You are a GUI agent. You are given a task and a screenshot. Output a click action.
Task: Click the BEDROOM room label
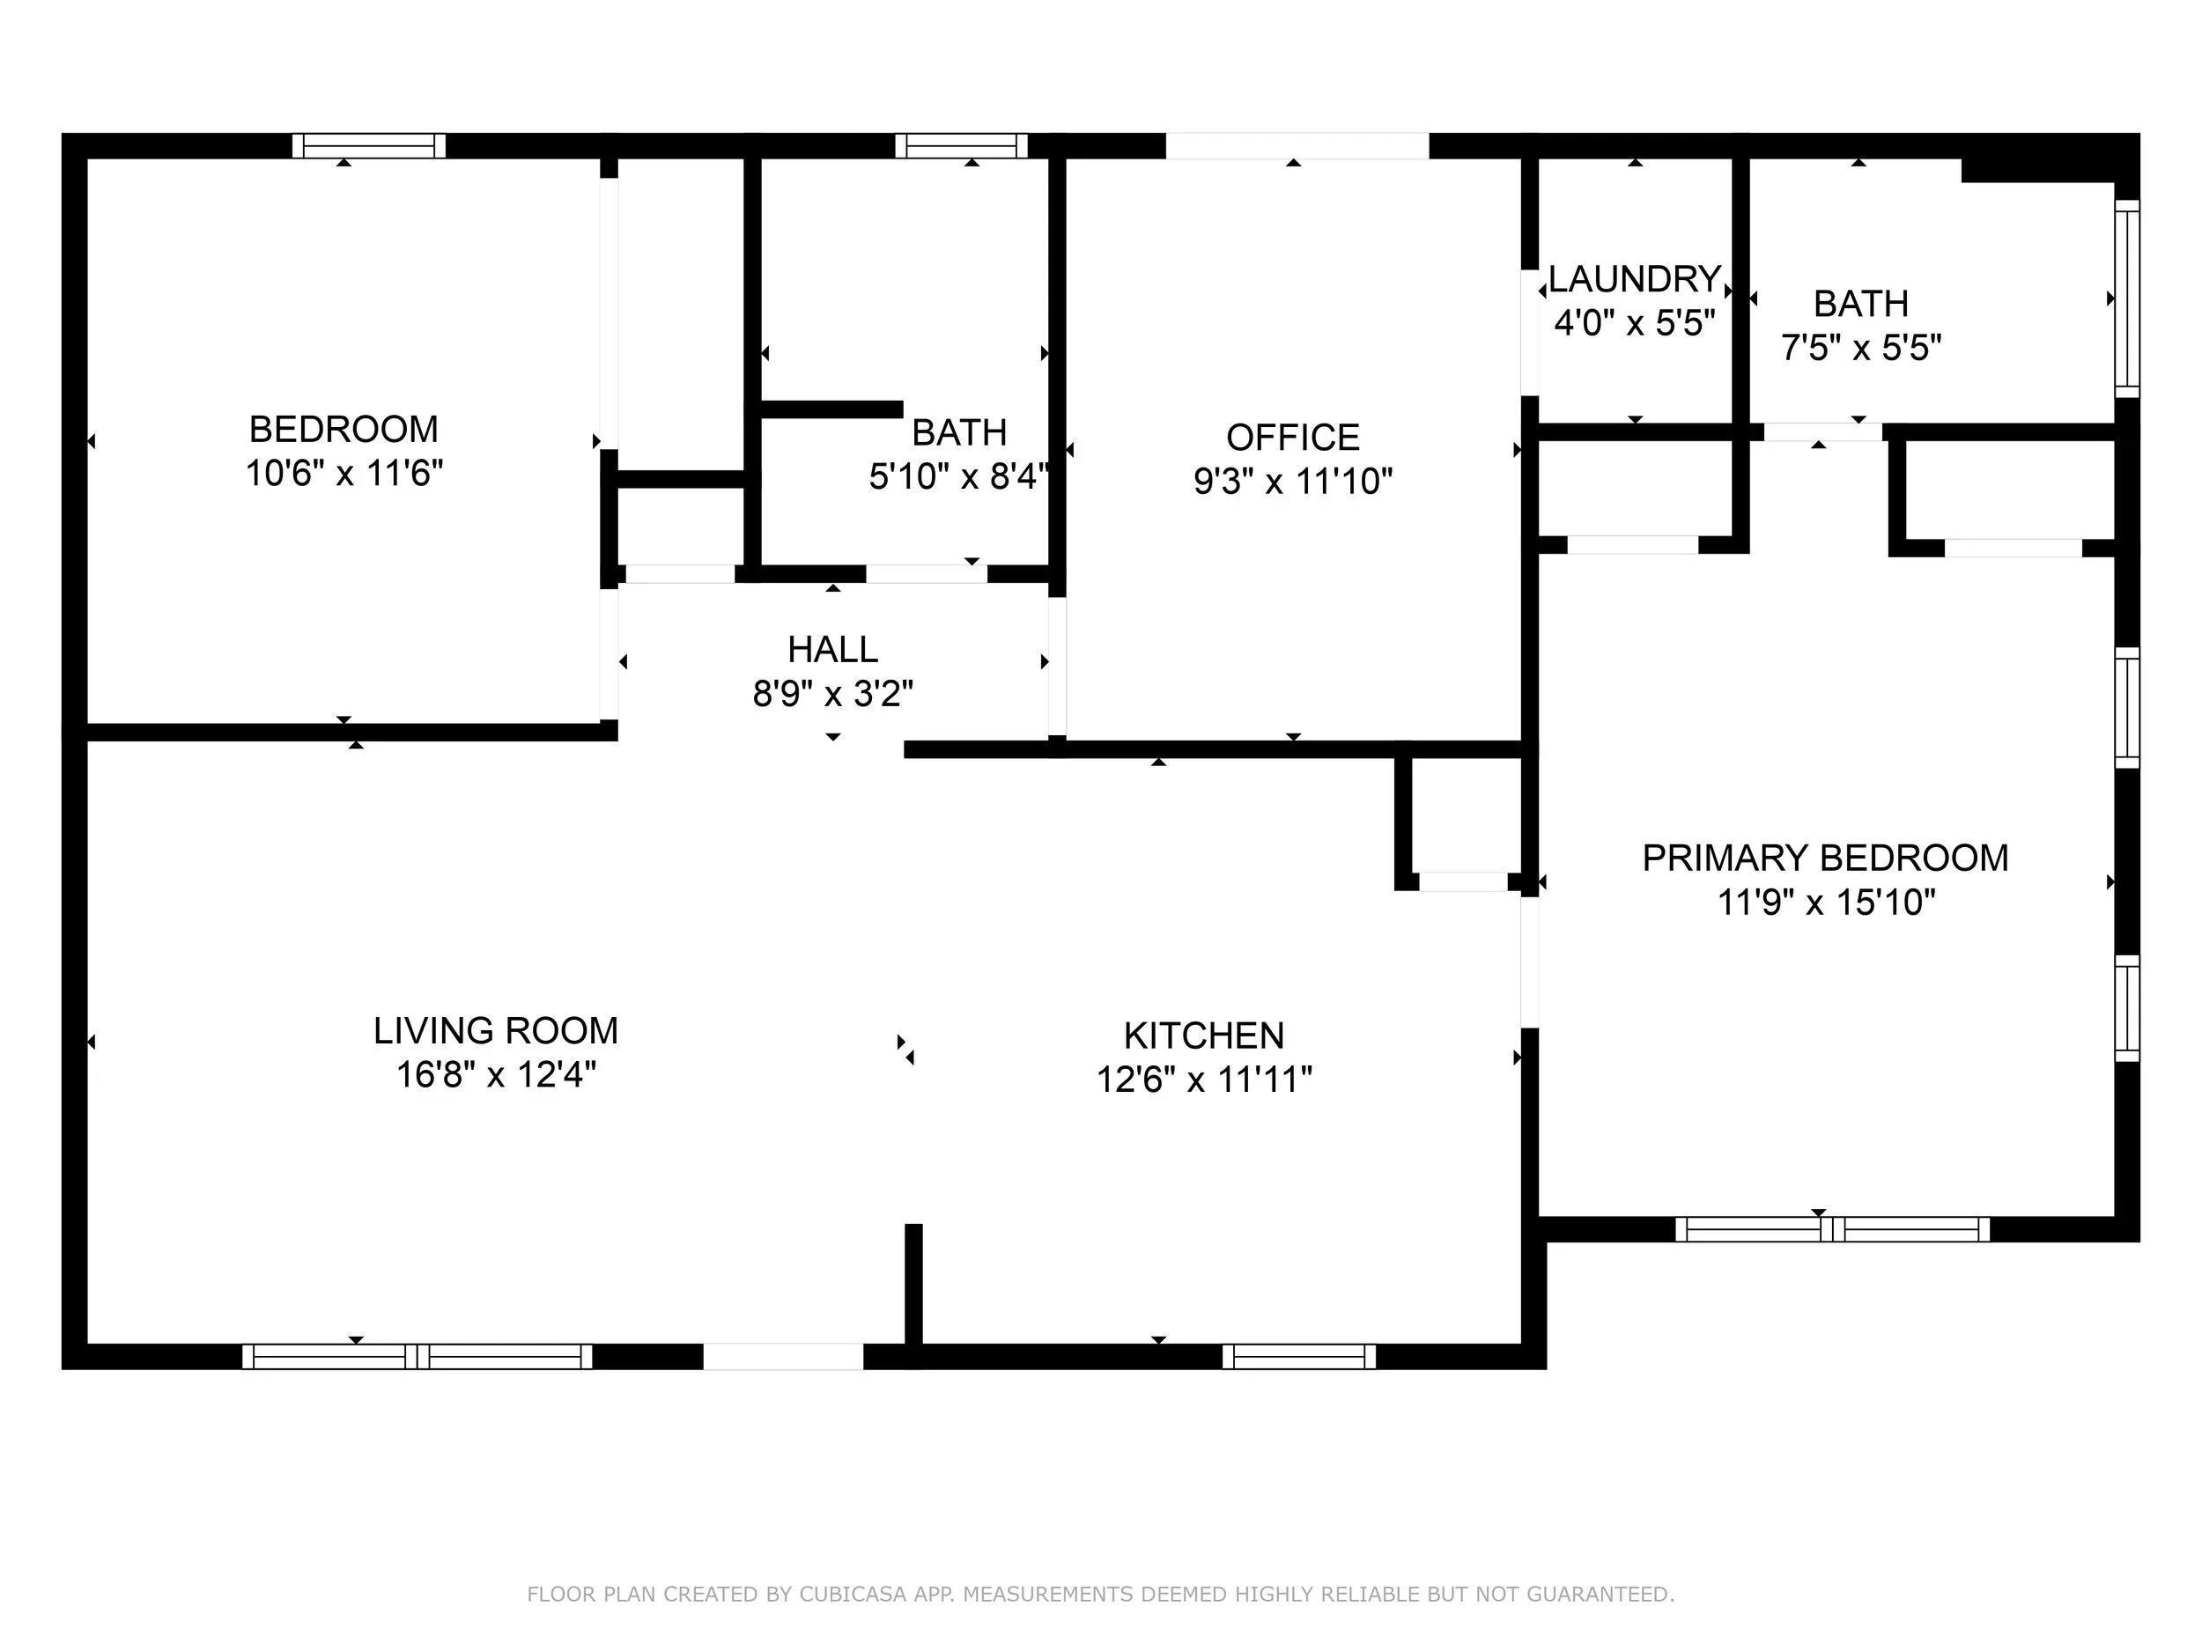click(x=344, y=429)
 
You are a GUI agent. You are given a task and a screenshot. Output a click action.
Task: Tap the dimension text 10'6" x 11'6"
click(x=344, y=473)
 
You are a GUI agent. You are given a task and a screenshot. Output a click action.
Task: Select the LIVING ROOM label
click(x=496, y=1031)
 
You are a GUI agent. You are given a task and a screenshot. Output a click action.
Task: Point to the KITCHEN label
click(x=1203, y=1036)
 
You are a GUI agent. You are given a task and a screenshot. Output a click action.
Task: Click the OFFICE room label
click(x=1293, y=437)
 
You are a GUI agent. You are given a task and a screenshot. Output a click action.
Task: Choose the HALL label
click(x=833, y=649)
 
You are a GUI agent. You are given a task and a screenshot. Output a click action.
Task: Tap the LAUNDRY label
click(x=1635, y=278)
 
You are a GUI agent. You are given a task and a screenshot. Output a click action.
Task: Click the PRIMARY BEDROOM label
click(x=1826, y=858)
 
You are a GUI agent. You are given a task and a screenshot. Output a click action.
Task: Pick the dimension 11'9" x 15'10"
click(x=1827, y=903)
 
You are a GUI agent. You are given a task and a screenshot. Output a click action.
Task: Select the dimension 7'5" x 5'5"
click(x=1861, y=347)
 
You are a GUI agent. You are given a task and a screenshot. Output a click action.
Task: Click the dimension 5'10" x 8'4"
click(x=958, y=476)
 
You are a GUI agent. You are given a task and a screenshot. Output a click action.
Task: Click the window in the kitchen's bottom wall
click(x=1299, y=1356)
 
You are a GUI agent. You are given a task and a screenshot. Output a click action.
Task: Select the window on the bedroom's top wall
click(x=369, y=145)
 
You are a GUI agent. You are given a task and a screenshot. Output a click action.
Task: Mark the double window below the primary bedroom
click(x=1833, y=1229)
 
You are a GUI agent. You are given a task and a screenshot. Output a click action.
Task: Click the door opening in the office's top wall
click(x=1297, y=145)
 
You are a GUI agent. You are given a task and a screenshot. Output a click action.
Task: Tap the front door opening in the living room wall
click(x=783, y=1356)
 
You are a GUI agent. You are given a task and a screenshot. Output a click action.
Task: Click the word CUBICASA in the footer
click(x=854, y=1595)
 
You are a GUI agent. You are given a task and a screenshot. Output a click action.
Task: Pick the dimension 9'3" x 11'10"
click(x=1293, y=482)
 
